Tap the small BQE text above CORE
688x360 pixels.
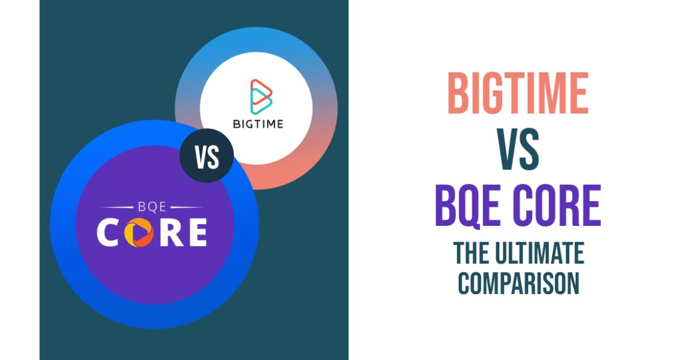point(152,207)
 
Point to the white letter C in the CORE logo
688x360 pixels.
point(109,233)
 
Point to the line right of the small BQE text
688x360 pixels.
point(184,207)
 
